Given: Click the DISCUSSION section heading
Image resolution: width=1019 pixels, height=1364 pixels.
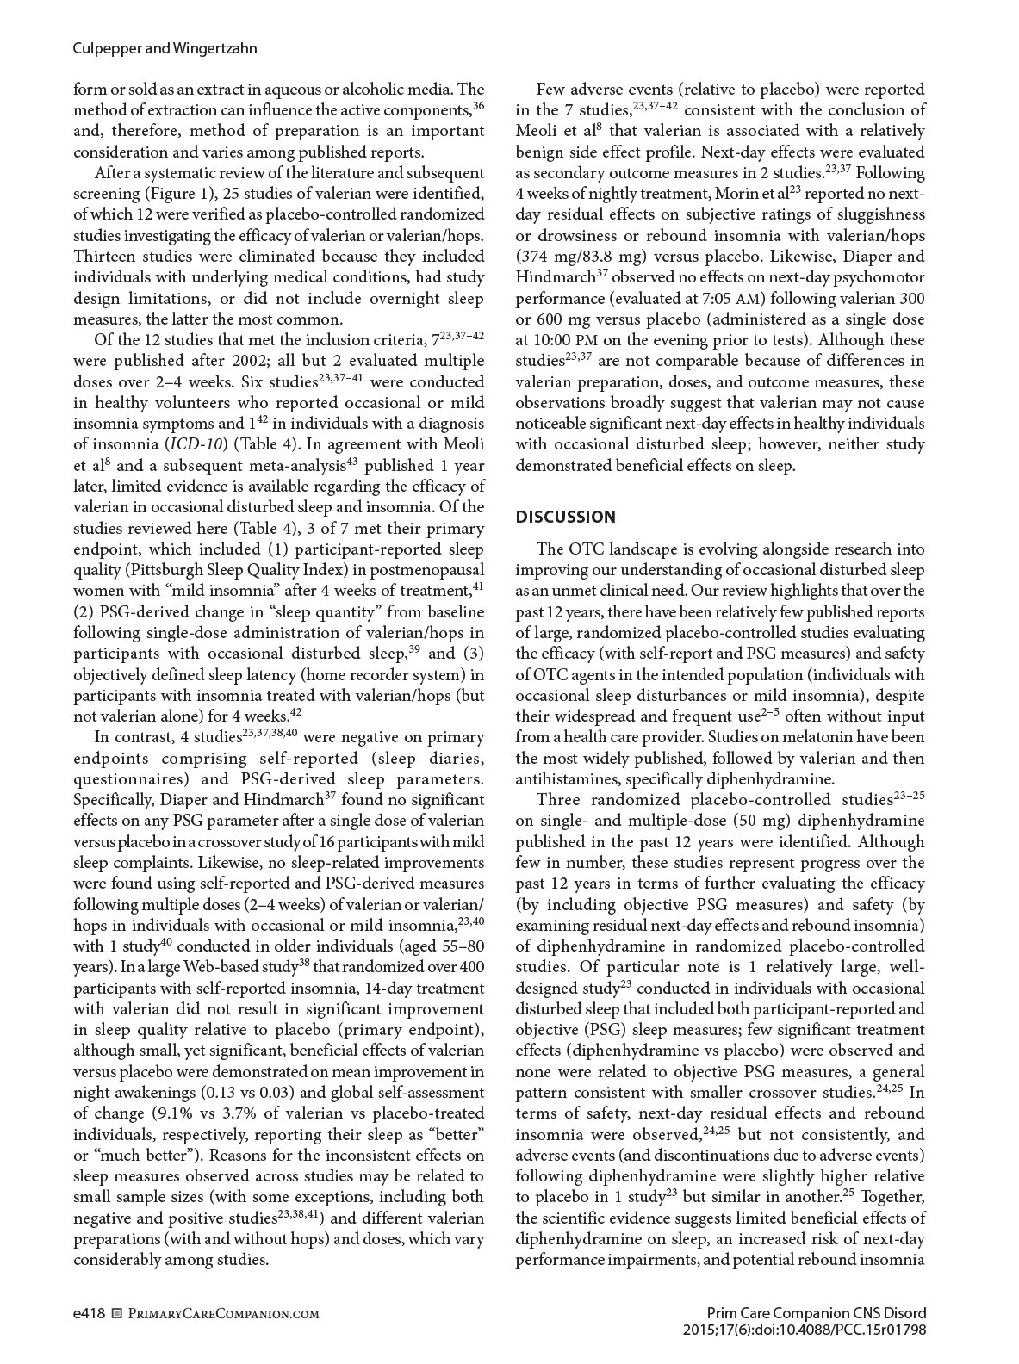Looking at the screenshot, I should (565, 517).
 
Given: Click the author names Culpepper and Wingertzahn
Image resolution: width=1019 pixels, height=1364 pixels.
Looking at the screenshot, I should (165, 49).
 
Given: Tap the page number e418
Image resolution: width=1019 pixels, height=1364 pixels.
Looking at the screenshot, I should (89, 1313).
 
